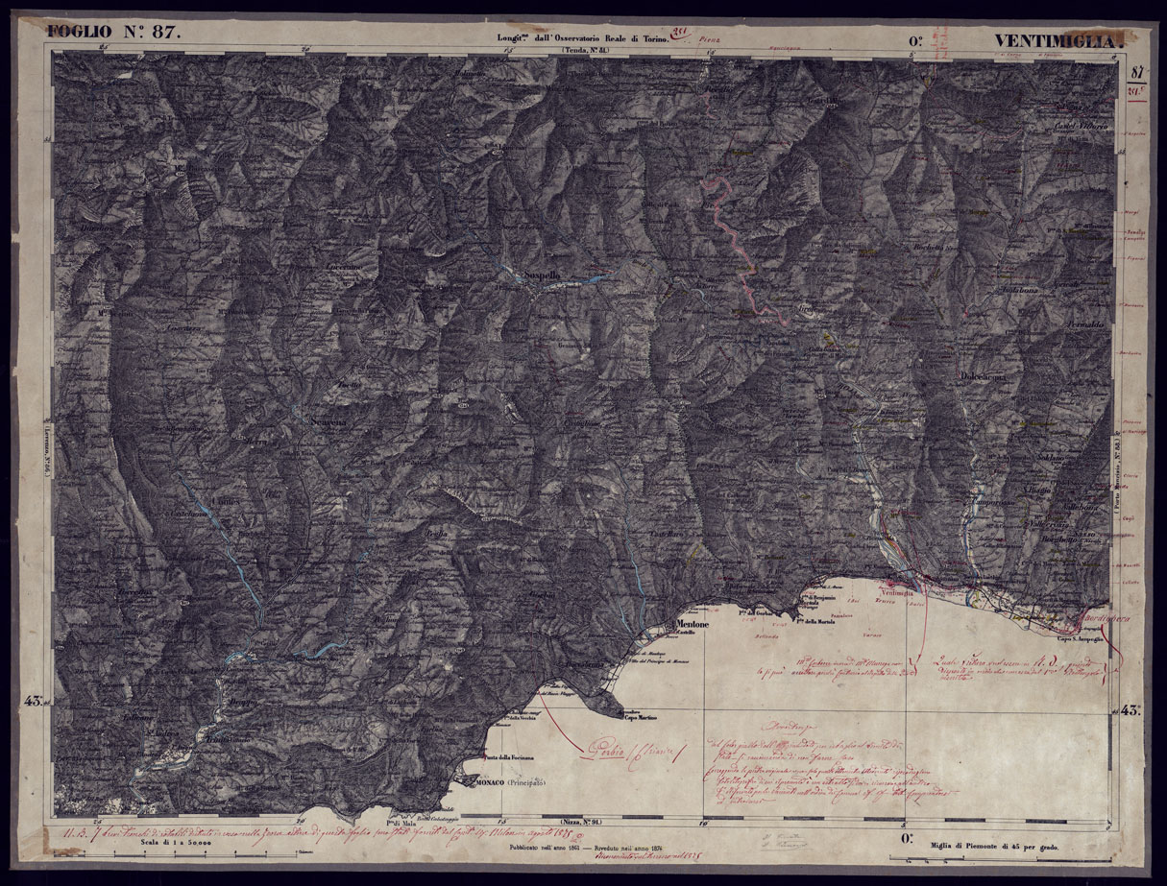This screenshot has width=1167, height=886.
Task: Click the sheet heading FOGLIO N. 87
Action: click(x=113, y=31)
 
